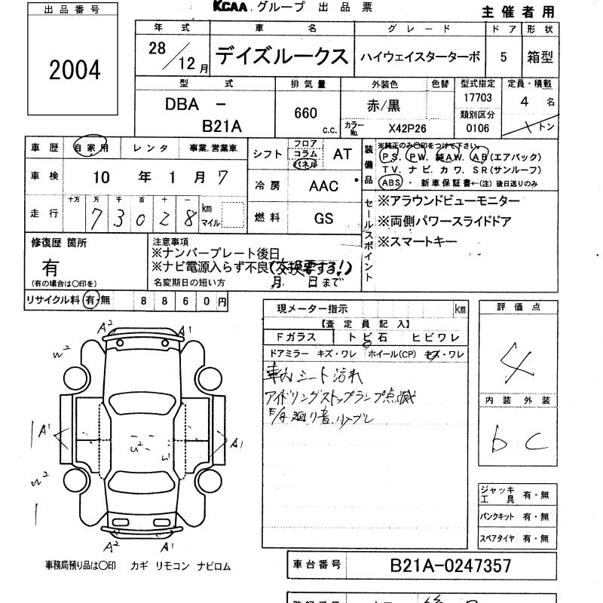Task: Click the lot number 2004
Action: pyautogui.click(x=74, y=71)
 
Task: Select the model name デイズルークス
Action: pyautogui.click(x=282, y=57)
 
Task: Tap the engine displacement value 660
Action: pyautogui.click(x=305, y=113)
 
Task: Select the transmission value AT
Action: pyautogui.click(x=342, y=153)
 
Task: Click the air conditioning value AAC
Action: pyautogui.click(x=324, y=185)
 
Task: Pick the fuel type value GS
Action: pyautogui.click(x=324, y=217)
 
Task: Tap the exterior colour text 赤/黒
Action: pyautogui.click(x=383, y=106)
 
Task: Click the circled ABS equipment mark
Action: pyautogui.click(x=390, y=183)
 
